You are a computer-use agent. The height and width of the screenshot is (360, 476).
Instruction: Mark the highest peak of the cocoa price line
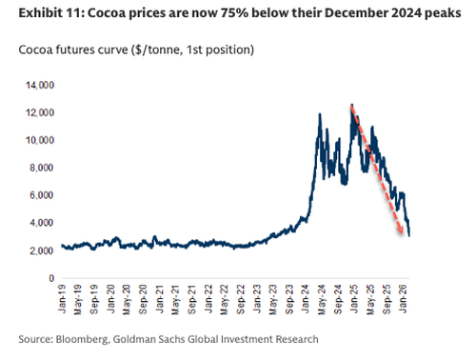[352, 105]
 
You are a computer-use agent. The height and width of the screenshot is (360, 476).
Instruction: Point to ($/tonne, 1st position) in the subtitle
[184, 49]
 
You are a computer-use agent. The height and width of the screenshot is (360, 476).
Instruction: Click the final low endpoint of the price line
[409, 235]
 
